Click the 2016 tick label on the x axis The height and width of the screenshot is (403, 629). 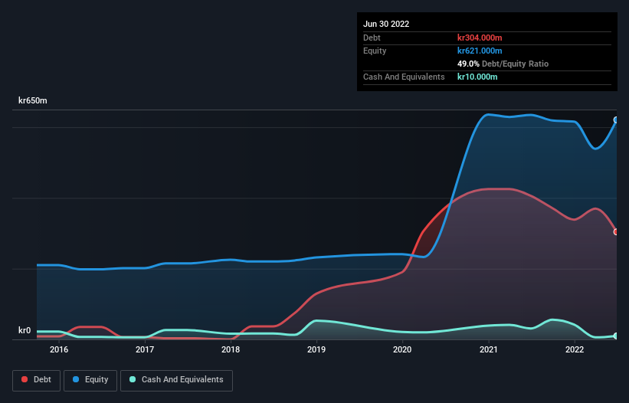click(x=58, y=350)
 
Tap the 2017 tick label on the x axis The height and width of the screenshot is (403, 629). click(x=145, y=350)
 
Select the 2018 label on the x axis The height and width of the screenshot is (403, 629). click(x=231, y=350)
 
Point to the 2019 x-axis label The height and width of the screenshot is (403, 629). click(x=316, y=350)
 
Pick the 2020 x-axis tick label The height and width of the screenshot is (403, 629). click(x=403, y=350)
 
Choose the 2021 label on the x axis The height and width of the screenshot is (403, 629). click(x=489, y=350)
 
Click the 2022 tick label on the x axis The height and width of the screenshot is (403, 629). click(x=575, y=350)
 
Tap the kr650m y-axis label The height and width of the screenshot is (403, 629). click(x=33, y=101)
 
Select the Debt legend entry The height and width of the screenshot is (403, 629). click(x=36, y=380)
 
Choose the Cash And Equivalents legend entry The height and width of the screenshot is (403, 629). click(x=176, y=380)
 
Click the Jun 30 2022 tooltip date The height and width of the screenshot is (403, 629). click(x=386, y=24)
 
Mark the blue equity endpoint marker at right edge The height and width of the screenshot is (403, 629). click(x=616, y=120)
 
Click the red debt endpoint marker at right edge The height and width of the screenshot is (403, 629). click(x=616, y=231)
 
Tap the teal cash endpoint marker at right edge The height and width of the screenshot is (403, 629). click(x=616, y=336)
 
